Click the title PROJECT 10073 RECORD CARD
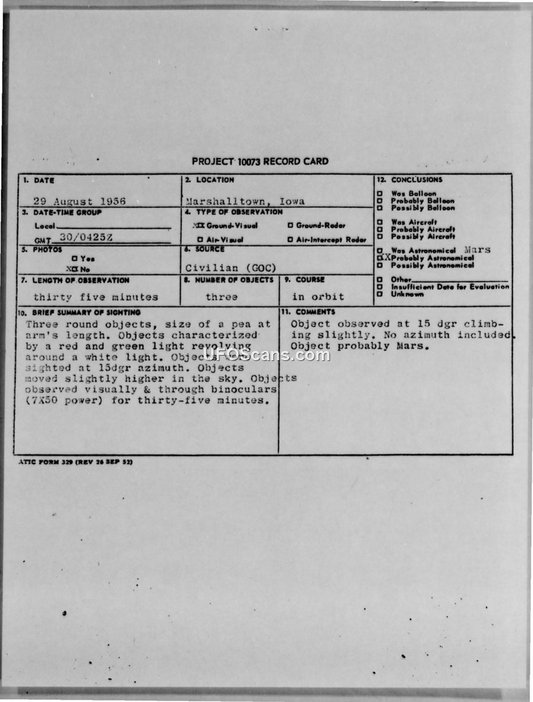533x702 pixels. click(260, 161)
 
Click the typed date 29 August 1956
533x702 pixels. click(79, 201)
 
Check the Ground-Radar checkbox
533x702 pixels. click(290, 225)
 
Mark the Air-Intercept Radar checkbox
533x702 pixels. click(290, 240)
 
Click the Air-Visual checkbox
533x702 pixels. click(200, 240)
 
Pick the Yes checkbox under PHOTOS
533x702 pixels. click(74, 258)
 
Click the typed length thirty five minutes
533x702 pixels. click(96, 297)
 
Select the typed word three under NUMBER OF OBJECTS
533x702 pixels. click(221, 297)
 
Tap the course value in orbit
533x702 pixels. click(318, 297)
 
